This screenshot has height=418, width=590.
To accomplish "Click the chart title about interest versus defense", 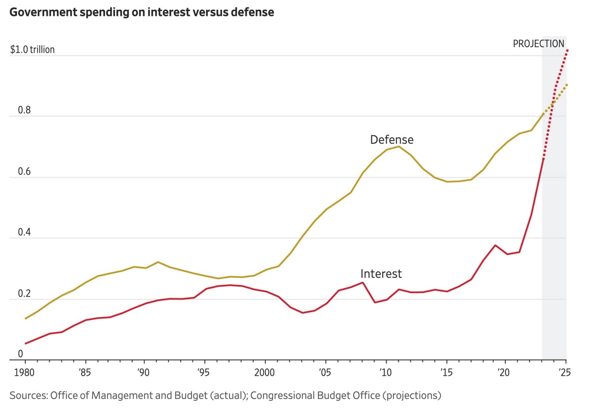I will click(142, 12).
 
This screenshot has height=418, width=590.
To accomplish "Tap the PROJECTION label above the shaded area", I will click(538, 44).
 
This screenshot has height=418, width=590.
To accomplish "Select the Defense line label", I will click(392, 140).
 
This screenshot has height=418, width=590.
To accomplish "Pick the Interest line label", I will click(381, 274).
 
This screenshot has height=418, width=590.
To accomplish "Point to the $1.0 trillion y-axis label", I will click(32, 50).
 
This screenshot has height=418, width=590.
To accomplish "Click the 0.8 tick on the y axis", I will click(24, 110).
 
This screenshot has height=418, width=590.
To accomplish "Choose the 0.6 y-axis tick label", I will click(24, 171).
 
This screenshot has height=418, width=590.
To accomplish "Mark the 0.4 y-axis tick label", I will click(24, 232).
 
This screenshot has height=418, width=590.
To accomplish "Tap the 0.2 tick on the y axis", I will click(24, 293).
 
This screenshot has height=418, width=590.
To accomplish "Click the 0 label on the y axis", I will click(20, 354).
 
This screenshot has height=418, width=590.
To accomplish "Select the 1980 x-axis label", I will click(25, 373).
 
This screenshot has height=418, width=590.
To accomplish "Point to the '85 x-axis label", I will click(85, 373).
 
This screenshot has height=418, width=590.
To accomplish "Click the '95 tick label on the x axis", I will click(203, 373).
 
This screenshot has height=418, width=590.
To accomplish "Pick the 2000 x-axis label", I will click(265, 373).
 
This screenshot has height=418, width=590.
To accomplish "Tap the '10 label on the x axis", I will click(386, 373).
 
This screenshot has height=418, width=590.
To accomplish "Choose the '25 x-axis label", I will click(565, 373).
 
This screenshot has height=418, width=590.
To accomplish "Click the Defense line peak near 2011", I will click(399, 146).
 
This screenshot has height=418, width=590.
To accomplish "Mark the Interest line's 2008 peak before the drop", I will click(363, 282).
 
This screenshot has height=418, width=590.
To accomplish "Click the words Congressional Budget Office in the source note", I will click(315, 395).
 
